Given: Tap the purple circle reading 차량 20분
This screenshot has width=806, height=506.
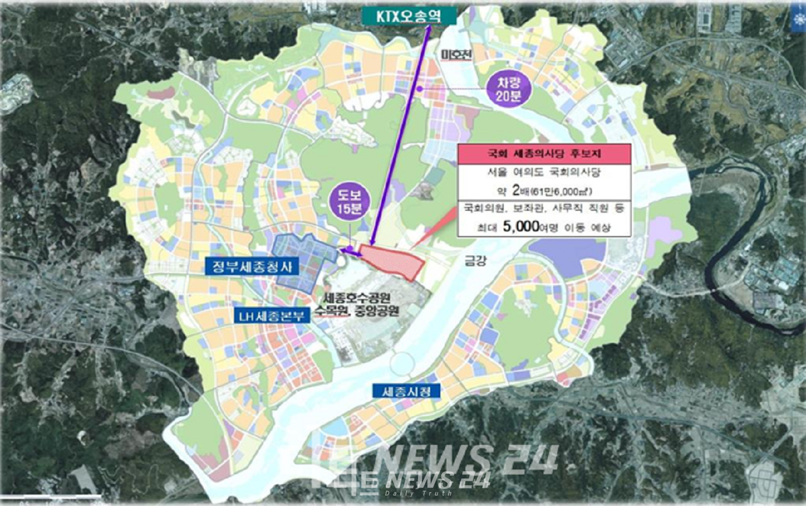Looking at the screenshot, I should [x=508, y=88].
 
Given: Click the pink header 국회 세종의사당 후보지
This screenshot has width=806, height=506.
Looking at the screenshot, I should [x=544, y=154].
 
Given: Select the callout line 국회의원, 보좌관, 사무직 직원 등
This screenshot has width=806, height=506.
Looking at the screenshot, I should [x=544, y=208].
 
